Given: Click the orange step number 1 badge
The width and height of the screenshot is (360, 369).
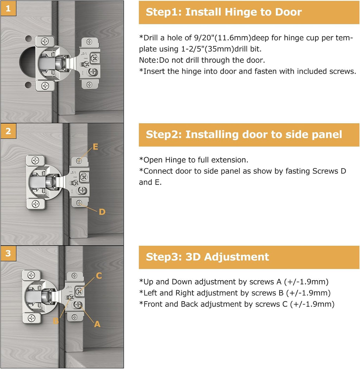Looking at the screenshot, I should tap(8, 8).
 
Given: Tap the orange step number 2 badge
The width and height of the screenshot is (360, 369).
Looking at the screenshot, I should tap(8, 131).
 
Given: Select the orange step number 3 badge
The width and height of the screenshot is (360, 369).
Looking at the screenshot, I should tap(8, 253).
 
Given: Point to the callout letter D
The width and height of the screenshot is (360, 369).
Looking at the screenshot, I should tap(102, 212).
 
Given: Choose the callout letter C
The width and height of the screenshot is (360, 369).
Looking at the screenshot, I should tap(99, 276).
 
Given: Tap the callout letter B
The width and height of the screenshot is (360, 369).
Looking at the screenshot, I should tap(56, 321).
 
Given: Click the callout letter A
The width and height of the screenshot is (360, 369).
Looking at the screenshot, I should tap(97, 324).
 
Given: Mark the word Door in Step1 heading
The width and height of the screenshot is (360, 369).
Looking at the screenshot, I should tap(286, 12).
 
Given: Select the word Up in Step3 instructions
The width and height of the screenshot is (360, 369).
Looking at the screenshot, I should tap(148, 282).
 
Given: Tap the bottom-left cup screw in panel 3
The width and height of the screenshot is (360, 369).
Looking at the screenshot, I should tap(32, 318).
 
